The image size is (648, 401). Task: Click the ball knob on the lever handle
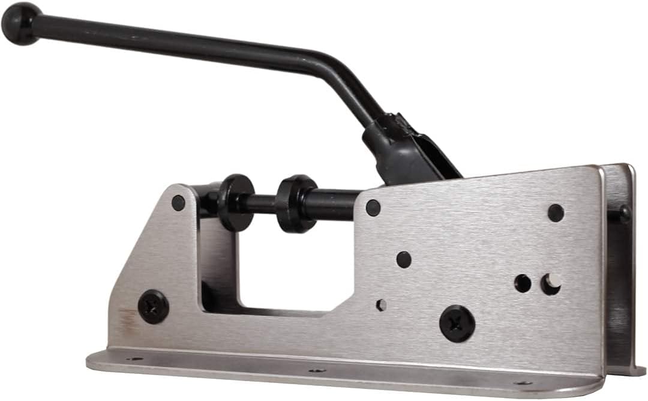(21, 23)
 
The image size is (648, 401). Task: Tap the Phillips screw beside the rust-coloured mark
(153, 307)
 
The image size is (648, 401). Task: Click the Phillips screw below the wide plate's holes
(457, 324)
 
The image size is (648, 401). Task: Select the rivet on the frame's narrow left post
(178, 203)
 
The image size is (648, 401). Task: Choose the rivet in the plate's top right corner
(556, 213)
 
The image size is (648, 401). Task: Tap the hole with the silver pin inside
(551, 284)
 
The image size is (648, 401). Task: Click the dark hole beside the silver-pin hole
(523, 283)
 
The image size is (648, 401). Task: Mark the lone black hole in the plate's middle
(404, 259)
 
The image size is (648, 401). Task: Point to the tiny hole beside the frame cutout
(381, 305)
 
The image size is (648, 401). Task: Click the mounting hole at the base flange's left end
(134, 358)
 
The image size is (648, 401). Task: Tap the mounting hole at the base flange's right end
(523, 382)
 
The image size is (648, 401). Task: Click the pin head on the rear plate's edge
(625, 212)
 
